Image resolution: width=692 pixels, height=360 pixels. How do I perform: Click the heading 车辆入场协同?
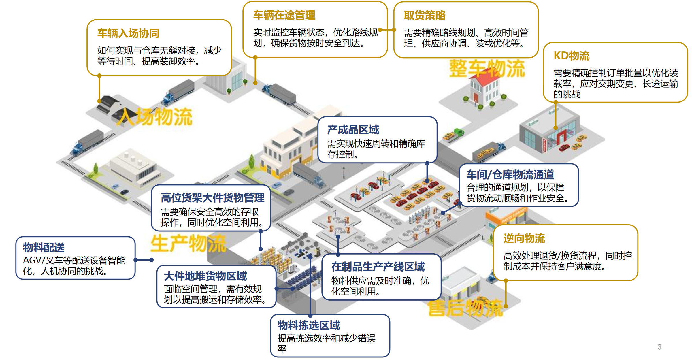point(128,33)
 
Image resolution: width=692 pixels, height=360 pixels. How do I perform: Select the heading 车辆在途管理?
point(284,15)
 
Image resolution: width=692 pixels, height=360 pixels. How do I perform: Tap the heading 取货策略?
point(425,16)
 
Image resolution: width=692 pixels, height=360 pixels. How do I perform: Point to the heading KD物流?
point(572,56)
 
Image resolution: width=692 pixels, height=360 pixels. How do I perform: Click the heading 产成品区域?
point(353,130)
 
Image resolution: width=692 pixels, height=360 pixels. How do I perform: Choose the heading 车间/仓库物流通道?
point(510,175)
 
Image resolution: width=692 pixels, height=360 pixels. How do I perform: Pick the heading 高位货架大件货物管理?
point(212,198)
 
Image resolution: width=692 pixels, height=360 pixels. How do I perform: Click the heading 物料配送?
point(44,247)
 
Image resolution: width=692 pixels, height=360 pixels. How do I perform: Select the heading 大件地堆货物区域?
point(205,276)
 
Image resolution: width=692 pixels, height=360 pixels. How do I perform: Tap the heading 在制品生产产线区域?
point(378,267)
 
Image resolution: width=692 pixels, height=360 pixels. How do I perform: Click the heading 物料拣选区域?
point(309,325)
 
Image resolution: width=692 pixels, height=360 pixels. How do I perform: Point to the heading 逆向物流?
point(524,238)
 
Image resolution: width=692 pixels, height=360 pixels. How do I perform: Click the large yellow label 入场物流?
point(156,117)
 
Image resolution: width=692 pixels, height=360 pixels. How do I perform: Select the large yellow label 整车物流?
point(487,69)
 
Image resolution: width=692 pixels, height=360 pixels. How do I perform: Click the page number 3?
point(659,347)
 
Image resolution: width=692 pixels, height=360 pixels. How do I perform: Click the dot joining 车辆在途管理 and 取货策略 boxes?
point(387,30)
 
